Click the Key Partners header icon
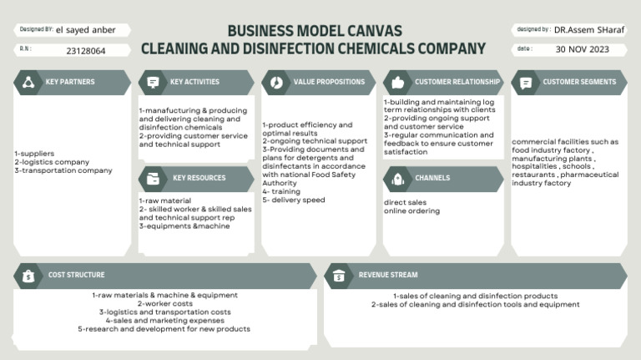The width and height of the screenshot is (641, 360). click(29, 83)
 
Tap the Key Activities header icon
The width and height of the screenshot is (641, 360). click(153, 83)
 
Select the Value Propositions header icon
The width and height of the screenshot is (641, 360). click(276, 83)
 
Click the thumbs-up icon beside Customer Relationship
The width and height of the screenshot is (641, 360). click(398, 83)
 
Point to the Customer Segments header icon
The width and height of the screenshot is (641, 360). click(526, 83)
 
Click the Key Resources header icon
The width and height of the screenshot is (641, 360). click(153, 179)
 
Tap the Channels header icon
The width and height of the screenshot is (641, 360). click(398, 179)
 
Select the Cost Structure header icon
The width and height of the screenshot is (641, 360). click(29, 276)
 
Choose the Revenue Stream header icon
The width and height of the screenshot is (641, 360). click(339, 276)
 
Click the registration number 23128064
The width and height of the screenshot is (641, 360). click(86, 51)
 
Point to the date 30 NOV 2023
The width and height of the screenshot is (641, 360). click(583, 49)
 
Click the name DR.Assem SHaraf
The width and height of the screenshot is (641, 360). click(589, 30)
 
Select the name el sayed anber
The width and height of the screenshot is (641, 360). click(81, 30)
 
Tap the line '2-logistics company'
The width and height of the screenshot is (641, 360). click(52, 162)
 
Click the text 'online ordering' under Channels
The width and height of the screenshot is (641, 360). click(411, 210)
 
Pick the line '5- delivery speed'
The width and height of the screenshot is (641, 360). click(293, 200)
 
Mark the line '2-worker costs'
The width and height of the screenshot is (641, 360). click(164, 303)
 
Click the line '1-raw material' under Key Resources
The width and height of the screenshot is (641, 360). click(166, 200)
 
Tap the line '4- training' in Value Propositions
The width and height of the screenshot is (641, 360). click(281, 191)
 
